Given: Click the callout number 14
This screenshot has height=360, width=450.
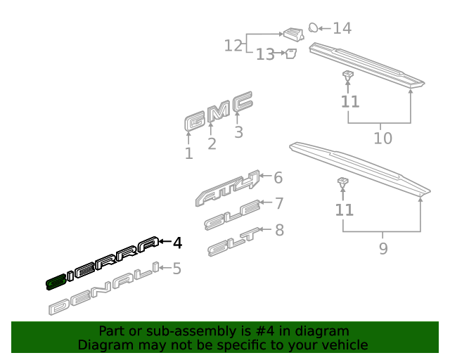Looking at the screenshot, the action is click(x=342, y=28).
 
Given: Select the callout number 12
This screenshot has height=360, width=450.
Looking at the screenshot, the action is click(x=233, y=46).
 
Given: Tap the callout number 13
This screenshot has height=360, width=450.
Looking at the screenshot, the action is click(x=265, y=54).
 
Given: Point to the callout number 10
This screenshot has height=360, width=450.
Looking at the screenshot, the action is click(x=382, y=138).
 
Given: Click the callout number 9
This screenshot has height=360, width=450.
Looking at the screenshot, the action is click(x=383, y=248).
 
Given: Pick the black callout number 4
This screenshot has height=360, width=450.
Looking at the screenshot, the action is click(x=178, y=243).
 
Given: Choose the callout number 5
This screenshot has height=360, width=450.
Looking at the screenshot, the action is click(x=176, y=269).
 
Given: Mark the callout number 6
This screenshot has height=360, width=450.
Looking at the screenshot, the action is click(x=278, y=177).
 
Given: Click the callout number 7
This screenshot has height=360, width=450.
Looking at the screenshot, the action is click(x=279, y=203).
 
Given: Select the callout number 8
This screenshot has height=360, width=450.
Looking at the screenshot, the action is click(x=280, y=230).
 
